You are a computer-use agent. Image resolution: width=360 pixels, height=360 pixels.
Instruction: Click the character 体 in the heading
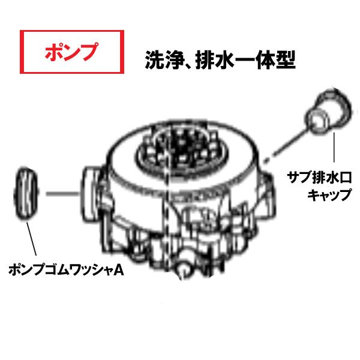tap(268, 60)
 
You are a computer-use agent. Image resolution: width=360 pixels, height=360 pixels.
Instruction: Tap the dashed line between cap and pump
tap(288, 138)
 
